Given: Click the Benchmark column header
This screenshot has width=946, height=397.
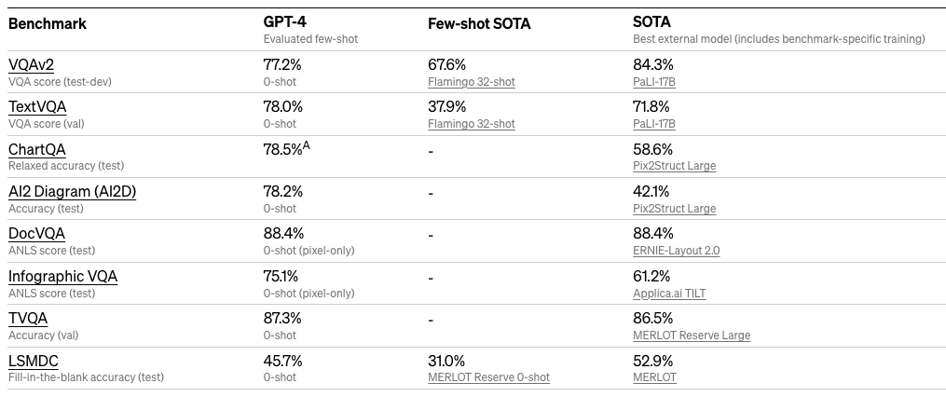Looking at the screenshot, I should click(47, 24).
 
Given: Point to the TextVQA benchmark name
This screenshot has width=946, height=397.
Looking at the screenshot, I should click(37, 107).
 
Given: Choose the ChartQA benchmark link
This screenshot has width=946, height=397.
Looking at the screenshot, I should click(37, 149).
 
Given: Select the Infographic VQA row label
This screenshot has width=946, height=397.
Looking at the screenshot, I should click(62, 277).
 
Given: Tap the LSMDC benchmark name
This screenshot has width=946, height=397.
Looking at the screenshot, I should click(34, 361).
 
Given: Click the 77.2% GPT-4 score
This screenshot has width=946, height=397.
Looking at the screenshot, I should click(283, 64).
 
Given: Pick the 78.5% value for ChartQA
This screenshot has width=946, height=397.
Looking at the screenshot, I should click(283, 149).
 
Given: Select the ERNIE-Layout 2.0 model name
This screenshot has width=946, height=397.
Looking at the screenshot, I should click(676, 251).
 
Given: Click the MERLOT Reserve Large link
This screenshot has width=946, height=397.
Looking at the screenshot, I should click(691, 335).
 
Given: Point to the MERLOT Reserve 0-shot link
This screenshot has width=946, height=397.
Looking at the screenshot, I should click(488, 377).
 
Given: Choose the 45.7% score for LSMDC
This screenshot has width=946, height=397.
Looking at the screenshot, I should click(283, 361).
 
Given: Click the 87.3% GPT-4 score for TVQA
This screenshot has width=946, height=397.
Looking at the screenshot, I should click(283, 319).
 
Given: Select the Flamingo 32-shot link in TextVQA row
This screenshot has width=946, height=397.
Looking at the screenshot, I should click(471, 124).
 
